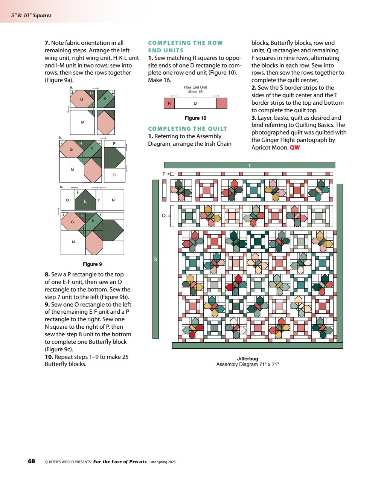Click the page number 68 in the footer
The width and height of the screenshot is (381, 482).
coord(32,461)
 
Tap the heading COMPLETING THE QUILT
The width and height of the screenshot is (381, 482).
coord(187,128)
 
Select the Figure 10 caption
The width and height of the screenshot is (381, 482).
coord(195,118)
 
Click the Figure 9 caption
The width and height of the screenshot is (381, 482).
coord(92,264)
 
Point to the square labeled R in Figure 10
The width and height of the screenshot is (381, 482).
coord(169,103)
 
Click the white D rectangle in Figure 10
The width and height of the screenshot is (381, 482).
coord(195,103)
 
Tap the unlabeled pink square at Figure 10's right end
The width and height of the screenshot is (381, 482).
coord(222,103)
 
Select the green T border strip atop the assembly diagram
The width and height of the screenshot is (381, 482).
coord(249,165)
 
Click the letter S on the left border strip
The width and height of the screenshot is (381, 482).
coord(155,259)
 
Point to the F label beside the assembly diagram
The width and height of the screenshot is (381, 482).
coord(164,174)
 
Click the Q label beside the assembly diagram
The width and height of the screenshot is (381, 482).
coord(163,216)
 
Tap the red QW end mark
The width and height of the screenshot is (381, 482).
coord(295,147)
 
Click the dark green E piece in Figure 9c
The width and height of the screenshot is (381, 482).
coord(85,201)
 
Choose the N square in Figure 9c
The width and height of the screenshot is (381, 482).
coord(113,200)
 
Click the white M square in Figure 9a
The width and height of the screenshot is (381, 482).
coord(83,122)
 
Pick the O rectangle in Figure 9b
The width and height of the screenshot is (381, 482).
coord(114,175)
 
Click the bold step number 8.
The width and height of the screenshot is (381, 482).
coord(47,275)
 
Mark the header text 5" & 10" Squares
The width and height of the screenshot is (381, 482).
coord(31,15)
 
